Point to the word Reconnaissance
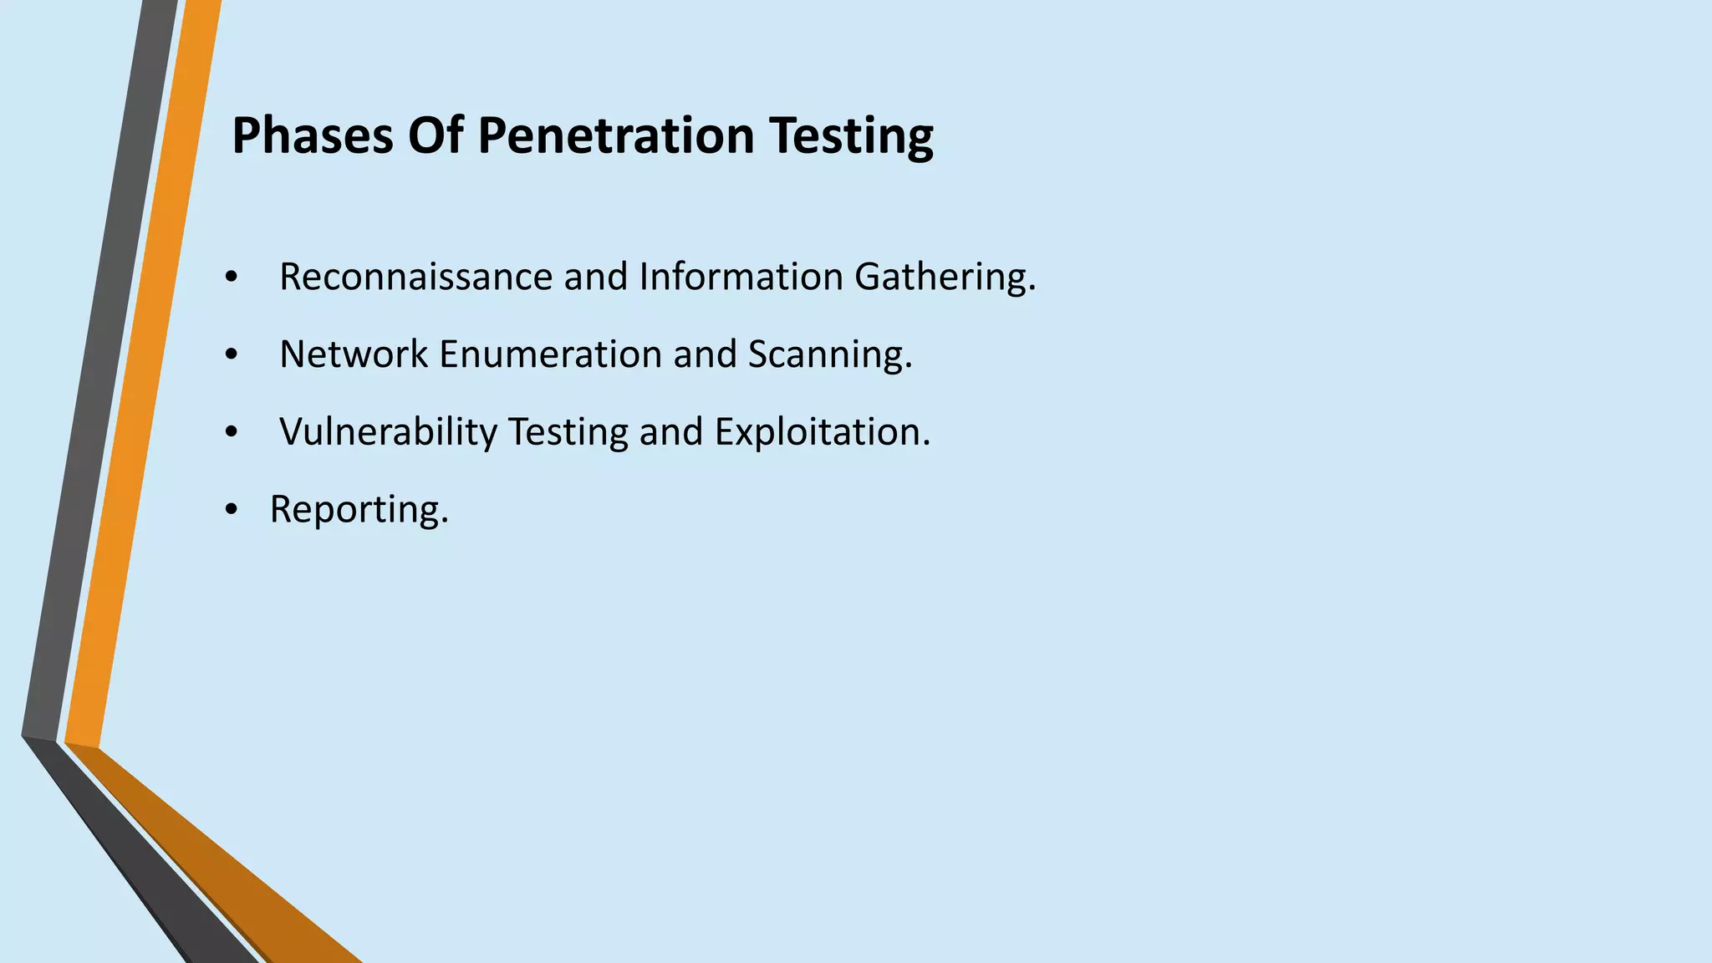click(415, 277)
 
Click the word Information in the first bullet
click(741, 277)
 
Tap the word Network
click(354, 354)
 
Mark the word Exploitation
click(822, 432)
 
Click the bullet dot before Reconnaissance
click(232, 278)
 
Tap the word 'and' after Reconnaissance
click(596, 277)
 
